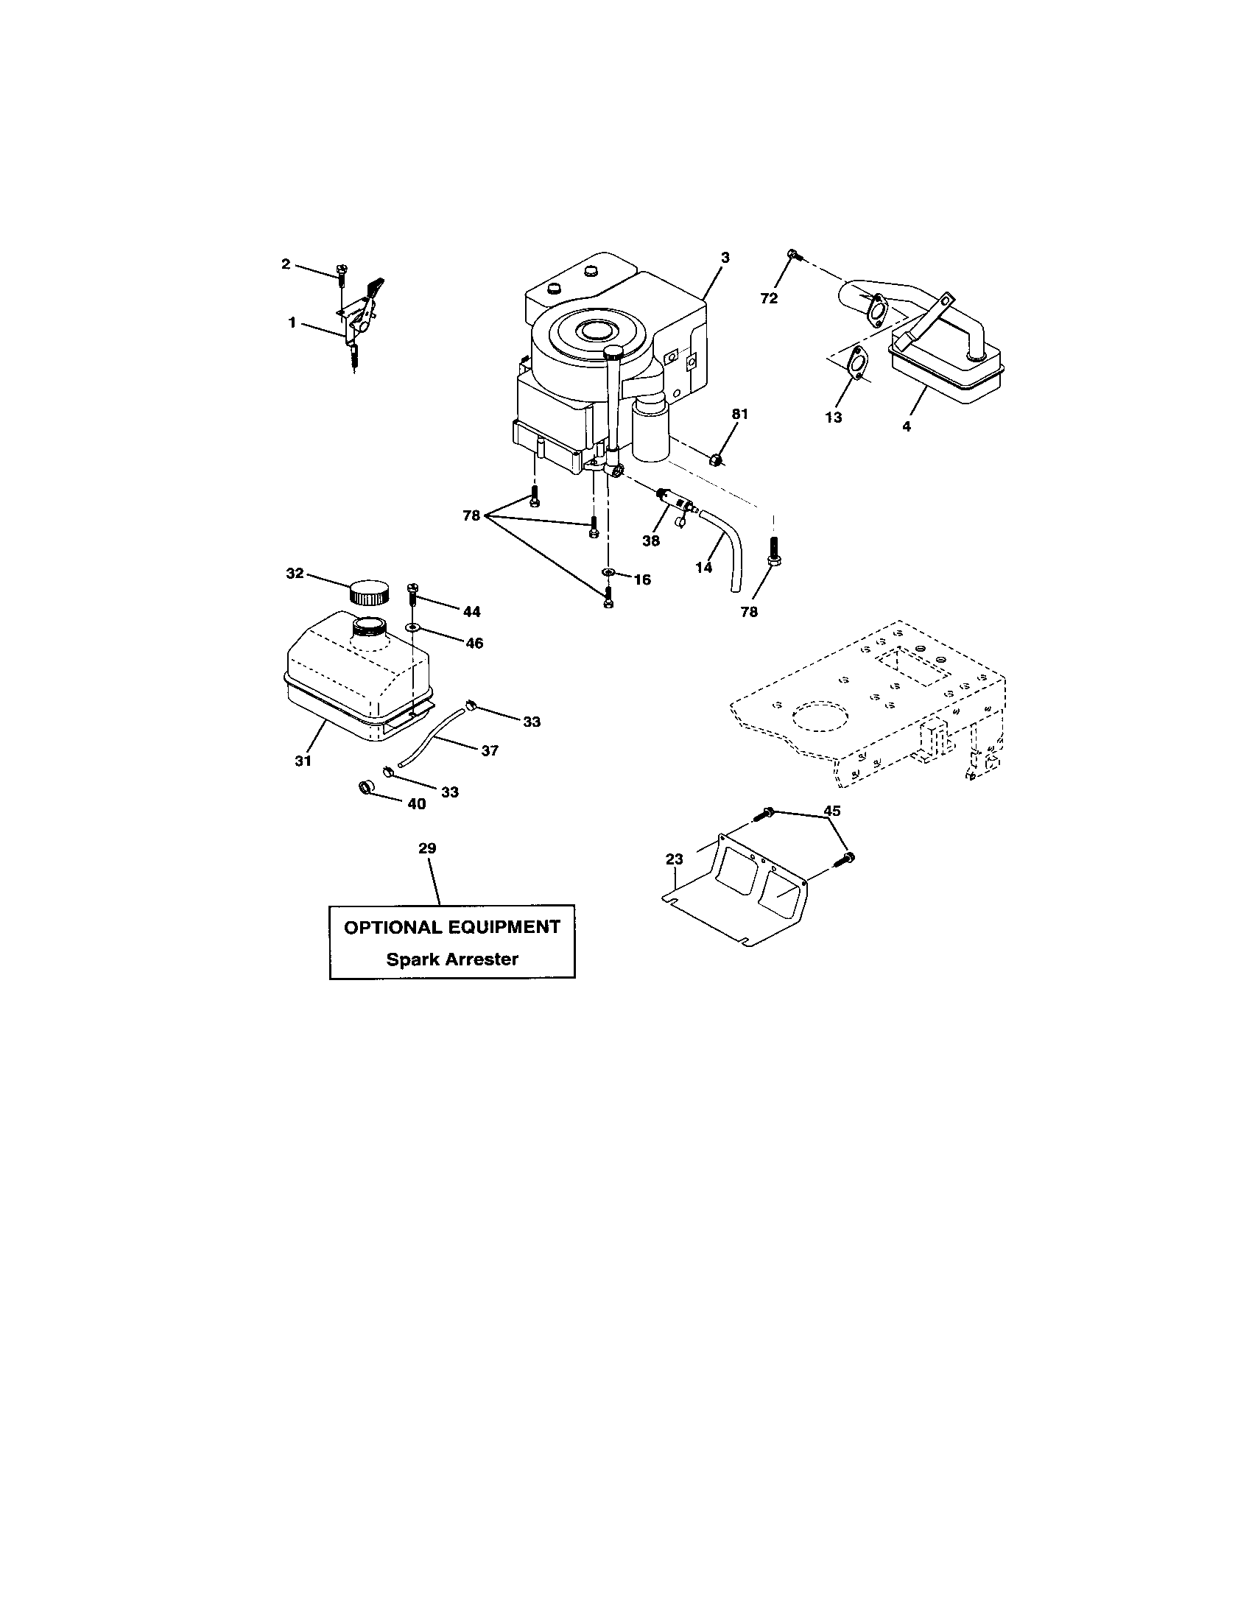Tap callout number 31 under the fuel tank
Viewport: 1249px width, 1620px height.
(x=303, y=761)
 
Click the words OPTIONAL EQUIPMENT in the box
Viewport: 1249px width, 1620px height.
(x=451, y=927)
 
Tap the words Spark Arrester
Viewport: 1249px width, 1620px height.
(x=451, y=959)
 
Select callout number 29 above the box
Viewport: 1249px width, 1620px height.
(x=427, y=848)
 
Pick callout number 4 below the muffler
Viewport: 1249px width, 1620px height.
(x=907, y=426)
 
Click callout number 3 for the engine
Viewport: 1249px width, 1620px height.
(x=725, y=258)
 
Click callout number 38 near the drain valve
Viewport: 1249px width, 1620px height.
(x=650, y=540)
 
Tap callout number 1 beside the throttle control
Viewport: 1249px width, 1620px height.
(x=292, y=323)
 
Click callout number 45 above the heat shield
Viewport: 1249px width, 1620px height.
(x=832, y=811)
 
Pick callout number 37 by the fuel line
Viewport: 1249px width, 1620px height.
(x=490, y=750)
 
